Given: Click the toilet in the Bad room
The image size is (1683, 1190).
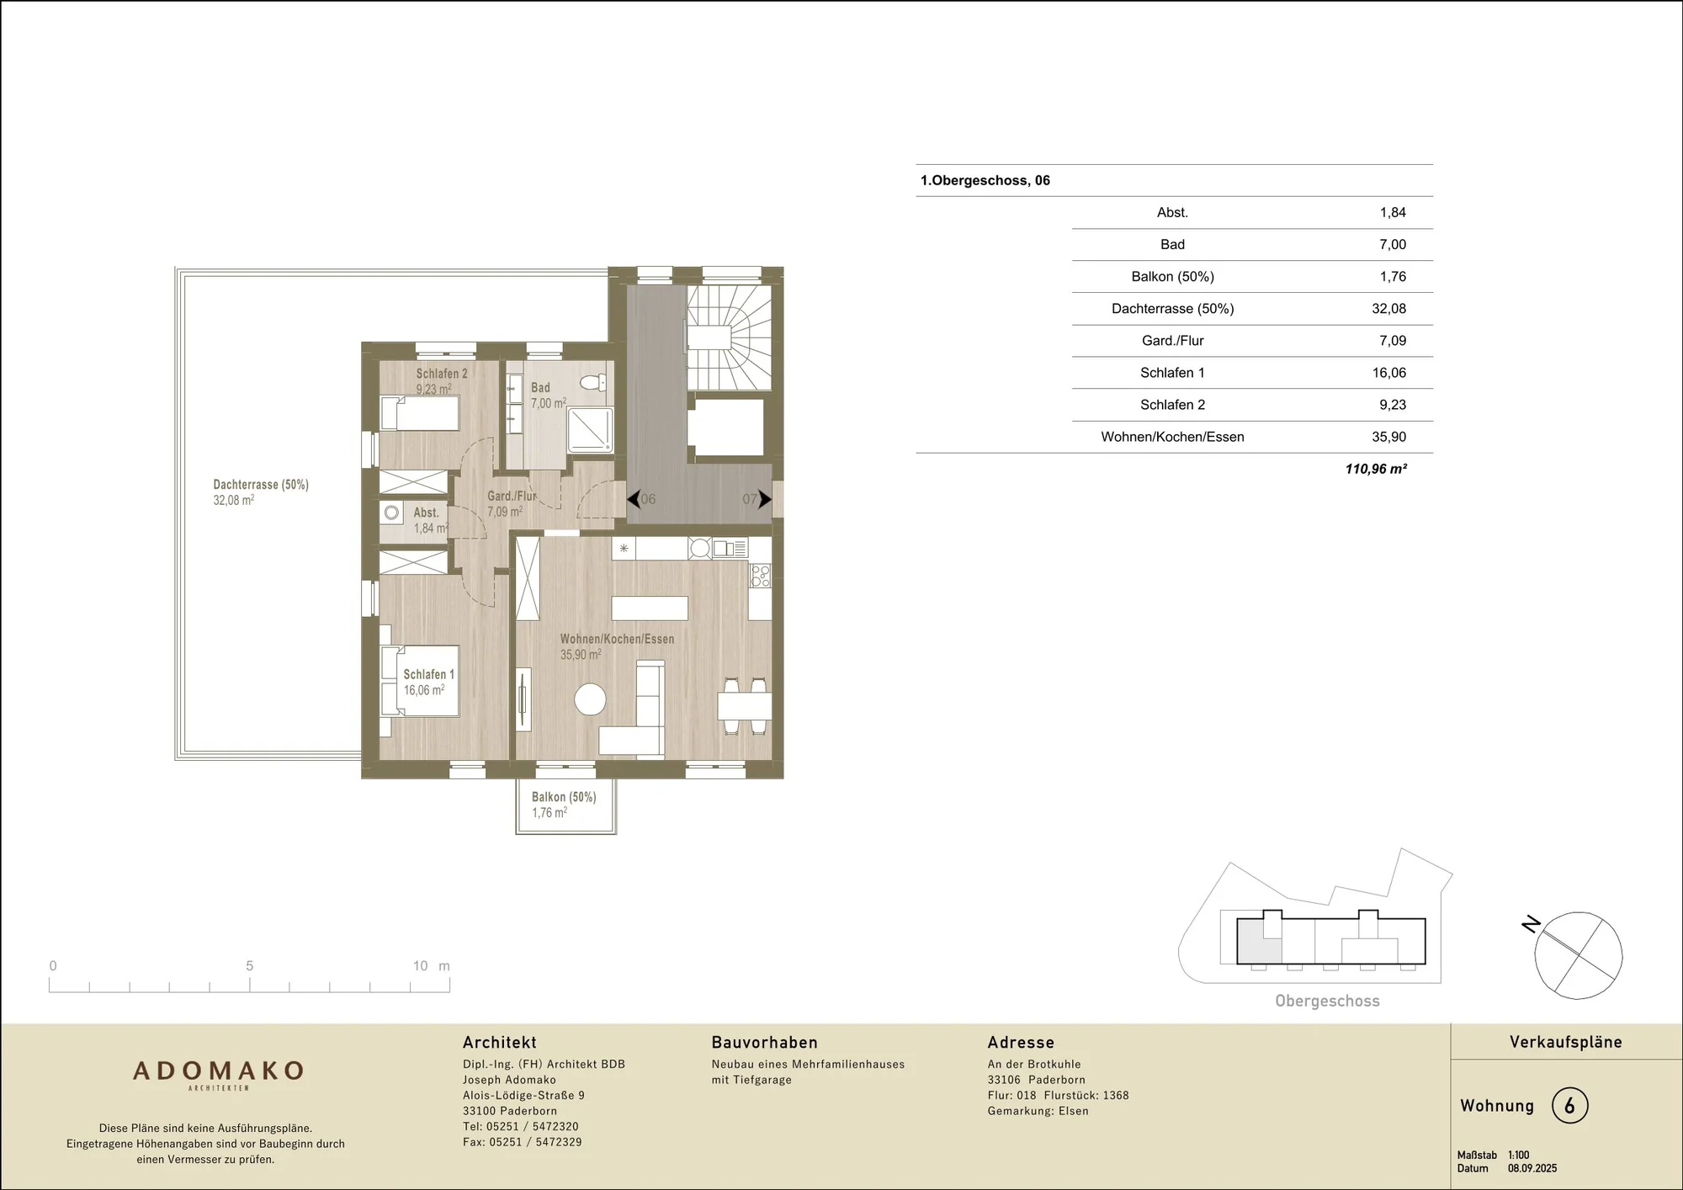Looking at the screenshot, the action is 593,383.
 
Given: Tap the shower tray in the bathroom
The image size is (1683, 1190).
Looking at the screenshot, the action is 590,429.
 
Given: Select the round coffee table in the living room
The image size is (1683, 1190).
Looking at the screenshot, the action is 590,699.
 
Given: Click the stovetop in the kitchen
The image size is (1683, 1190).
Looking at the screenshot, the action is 761,576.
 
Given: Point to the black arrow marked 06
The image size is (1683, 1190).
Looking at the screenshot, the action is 634,499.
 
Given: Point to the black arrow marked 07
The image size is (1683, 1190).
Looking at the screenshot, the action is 765,499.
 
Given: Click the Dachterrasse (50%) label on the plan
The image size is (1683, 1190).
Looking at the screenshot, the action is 261,485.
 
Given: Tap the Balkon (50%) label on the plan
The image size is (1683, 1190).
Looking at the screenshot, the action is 564,797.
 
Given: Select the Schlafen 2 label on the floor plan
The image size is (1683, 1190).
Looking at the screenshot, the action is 442,374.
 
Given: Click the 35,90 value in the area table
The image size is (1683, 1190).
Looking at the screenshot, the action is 1388,437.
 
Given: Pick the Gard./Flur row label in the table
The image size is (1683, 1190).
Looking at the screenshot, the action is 1172,341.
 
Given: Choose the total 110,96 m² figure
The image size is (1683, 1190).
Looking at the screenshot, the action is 1376,469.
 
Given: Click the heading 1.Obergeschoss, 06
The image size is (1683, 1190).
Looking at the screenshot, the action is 985,180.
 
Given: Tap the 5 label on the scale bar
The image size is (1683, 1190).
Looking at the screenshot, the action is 249,966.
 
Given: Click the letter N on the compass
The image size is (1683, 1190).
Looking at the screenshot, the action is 1531,924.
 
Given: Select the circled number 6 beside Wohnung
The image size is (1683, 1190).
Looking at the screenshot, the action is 1569,1106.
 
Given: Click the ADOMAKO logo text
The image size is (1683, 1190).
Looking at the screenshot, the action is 219,1070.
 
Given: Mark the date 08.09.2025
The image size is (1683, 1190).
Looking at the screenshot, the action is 1532,1168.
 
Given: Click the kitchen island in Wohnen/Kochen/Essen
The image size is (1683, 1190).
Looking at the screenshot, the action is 650,608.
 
